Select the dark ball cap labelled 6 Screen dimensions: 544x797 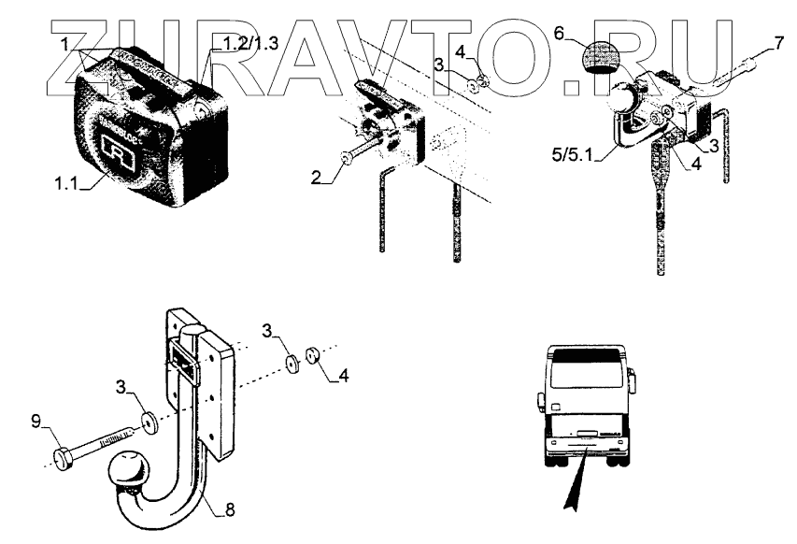click(594, 60)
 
